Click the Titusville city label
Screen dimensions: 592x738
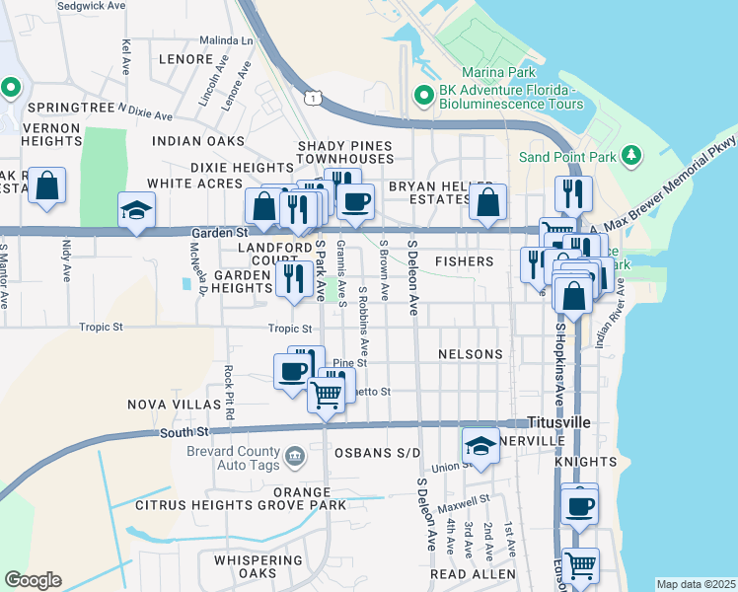coord(558,422)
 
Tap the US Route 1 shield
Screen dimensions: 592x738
coord(313,97)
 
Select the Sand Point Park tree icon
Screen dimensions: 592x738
coord(632,156)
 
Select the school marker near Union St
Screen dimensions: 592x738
coord(480,444)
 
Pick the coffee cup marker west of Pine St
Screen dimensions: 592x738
coord(292,371)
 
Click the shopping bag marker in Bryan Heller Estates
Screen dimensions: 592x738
coord(487,202)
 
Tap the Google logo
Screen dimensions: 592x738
coord(33,580)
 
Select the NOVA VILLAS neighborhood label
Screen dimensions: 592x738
coord(175,405)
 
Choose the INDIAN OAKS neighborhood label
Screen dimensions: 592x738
coord(198,141)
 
